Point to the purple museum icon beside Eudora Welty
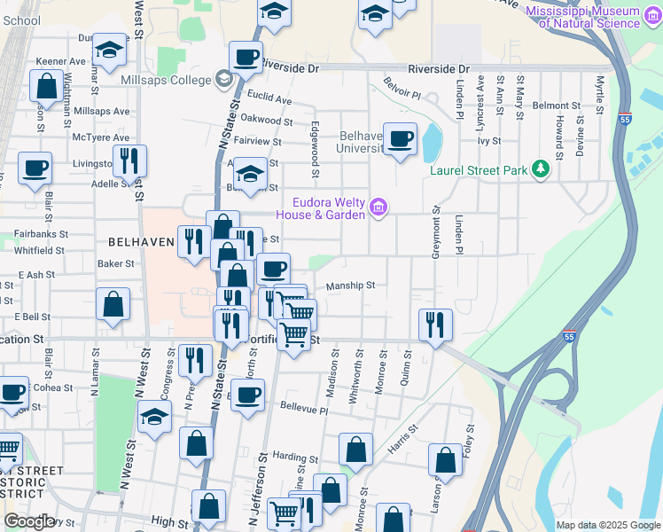coord(379,208)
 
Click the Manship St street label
coord(351,286)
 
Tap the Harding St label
coord(289,456)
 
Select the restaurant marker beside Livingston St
coord(129,160)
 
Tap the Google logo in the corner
coord(29,521)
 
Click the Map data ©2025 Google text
coord(606,525)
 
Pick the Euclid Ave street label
coord(270,100)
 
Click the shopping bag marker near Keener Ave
coord(45,86)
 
